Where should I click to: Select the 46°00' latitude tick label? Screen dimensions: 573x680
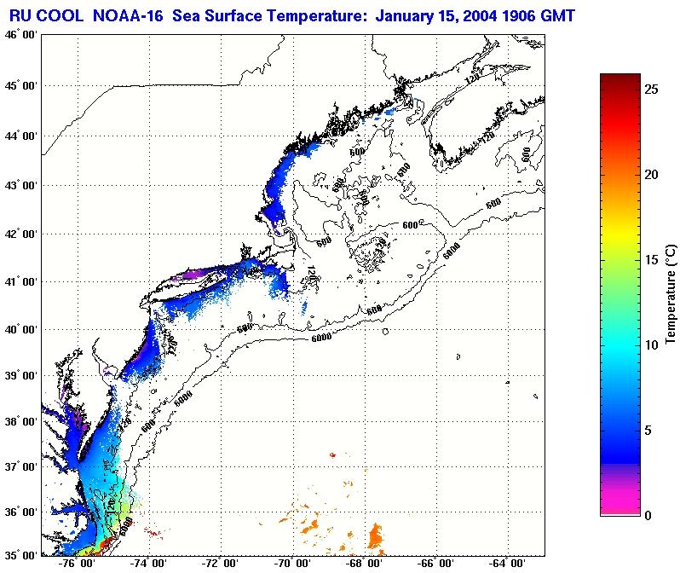pos(19,34)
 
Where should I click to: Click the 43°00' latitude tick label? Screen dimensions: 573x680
pos(19,185)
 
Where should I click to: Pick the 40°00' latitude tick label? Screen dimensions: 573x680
pos(19,329)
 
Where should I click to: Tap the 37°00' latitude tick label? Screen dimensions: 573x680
pos(19,467)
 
